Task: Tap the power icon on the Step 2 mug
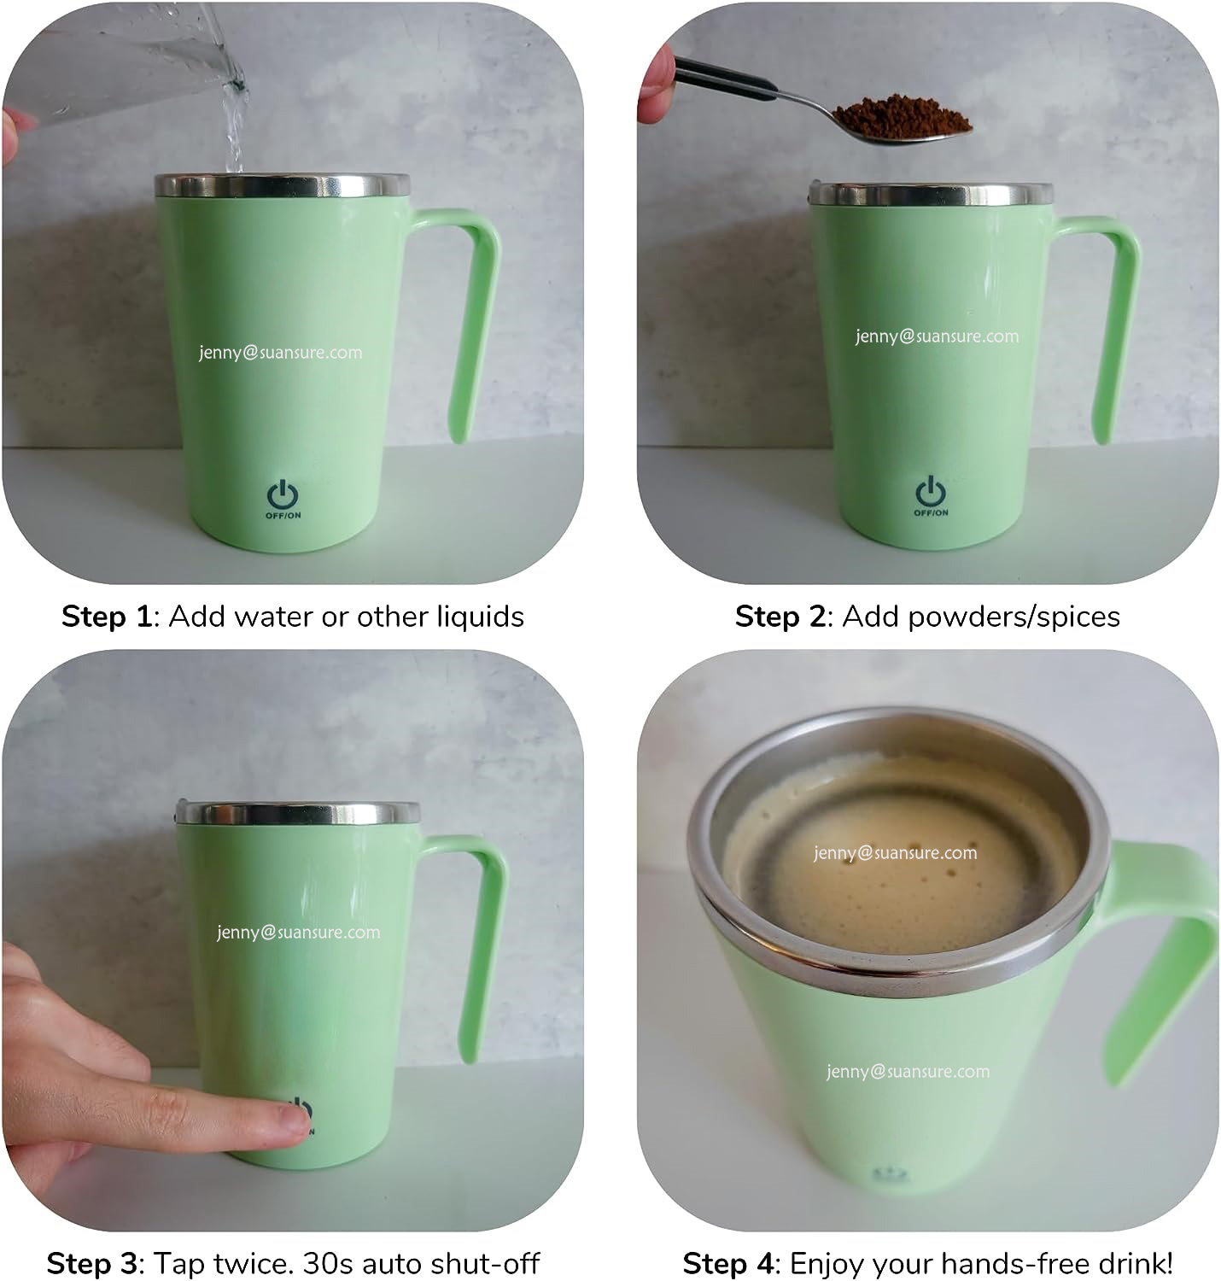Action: pyautogui.click(x=931, y=493)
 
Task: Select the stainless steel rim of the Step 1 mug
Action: pyautogui.click(x=282, y=186)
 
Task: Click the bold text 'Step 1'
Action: pyautogui.click(x=105, y=616)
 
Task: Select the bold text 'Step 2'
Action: pyautogui.click(x=780, y=616)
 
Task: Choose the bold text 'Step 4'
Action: pyautogui.click(x=727, y=1262)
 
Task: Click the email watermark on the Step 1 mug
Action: pyautogui.click(x=280, y=352)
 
